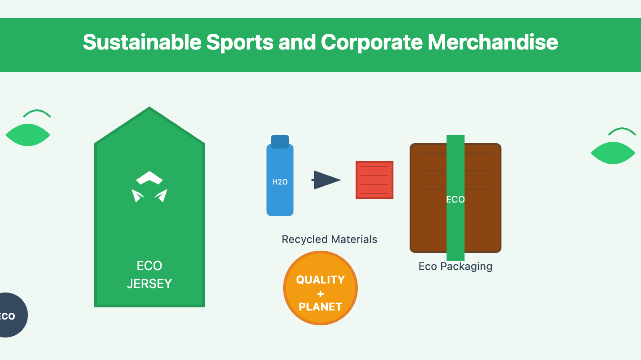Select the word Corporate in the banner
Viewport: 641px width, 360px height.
tap(371, 42)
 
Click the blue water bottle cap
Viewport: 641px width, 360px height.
tap(280, 141)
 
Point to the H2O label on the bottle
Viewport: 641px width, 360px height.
tap(280, 182)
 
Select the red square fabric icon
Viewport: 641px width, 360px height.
tap(375, 180)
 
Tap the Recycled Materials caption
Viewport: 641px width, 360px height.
tap(330, 239)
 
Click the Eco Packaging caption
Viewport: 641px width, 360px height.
tap(456, 266)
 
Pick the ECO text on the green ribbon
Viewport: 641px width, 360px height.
tap(456, 199)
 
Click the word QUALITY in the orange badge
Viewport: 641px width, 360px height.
tap(320, 280)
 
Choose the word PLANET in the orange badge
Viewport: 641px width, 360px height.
tap(320, 307)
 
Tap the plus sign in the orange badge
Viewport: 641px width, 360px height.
tap(320, 294)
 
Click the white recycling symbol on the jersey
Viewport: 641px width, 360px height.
tap(149, 187)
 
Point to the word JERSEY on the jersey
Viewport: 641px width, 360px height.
tap(149, 284)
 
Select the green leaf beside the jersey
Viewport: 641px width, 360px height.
tap(28, 135)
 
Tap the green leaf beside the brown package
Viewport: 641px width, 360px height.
tap(613, 153)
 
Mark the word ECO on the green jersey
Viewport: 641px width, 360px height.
tap(149, 266)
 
